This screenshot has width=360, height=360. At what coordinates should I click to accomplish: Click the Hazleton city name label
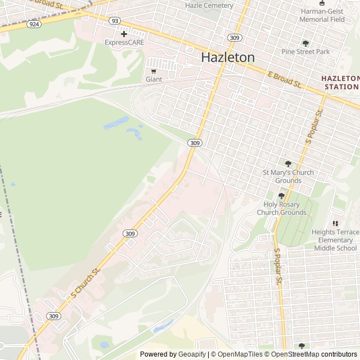[x=228, y=57]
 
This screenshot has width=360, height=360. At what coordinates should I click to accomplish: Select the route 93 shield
[x=115, y=21]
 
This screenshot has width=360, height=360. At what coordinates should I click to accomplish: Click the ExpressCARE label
[x=124, y=42]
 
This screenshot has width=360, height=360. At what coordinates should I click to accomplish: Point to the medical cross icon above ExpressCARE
[x=124, y=34]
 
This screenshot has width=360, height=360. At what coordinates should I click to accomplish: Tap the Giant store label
[x=154, y=79]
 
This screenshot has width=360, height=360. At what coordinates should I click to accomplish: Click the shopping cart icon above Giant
[x=154, y=71]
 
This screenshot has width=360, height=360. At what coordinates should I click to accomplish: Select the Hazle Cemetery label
[x=209, y=6]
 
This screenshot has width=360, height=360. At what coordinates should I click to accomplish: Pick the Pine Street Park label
[x=305, y=52]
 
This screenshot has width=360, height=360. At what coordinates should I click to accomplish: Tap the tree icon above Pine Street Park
[x=305, y=43]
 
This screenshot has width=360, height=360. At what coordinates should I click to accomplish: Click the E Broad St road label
[x=285, y=80]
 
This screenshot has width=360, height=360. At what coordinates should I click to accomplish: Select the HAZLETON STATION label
[x=340, y=82]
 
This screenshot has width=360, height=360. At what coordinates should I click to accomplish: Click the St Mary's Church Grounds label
[x=288, y=177]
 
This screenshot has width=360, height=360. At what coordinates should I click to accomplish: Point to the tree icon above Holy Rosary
[x=282, y=196]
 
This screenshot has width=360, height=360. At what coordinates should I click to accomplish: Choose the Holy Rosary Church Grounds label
[x=282, y=209]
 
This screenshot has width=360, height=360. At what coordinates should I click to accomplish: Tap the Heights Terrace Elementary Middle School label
[x=335, y=240]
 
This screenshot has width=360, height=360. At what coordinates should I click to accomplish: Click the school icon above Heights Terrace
[x=336, y=223]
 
